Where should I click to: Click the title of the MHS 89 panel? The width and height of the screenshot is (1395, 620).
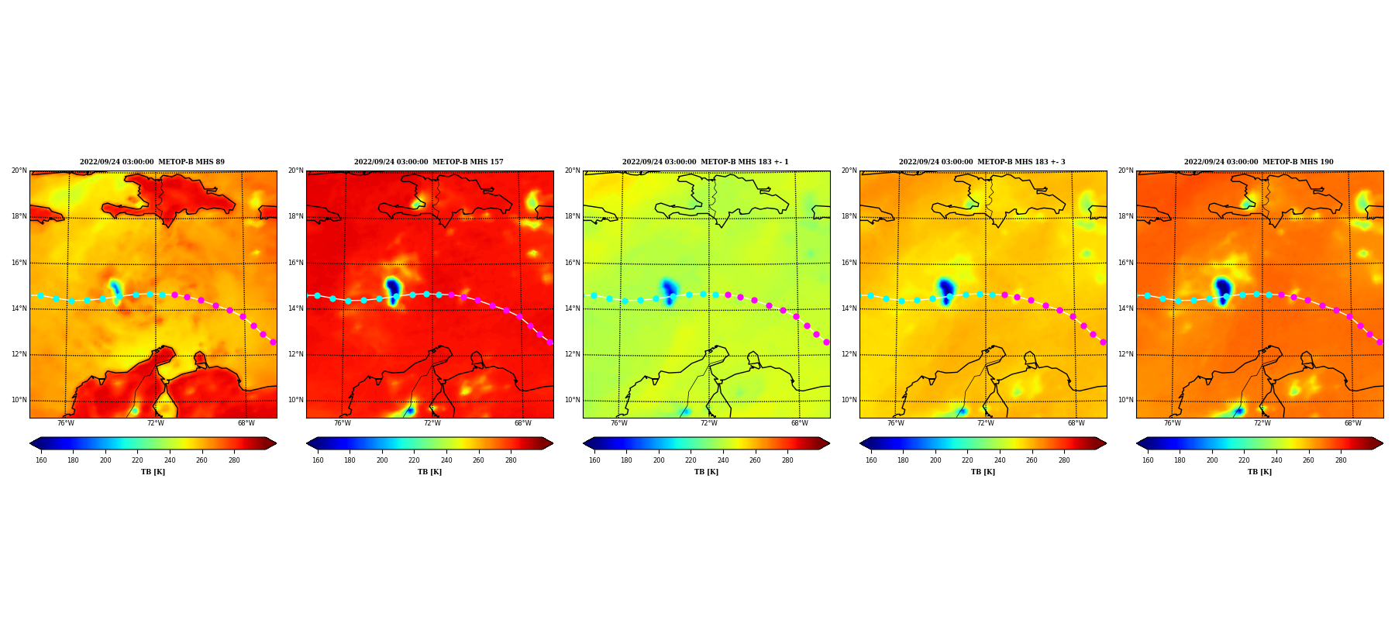click(153, 162)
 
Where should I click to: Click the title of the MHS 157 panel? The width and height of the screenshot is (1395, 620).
click(429, 162)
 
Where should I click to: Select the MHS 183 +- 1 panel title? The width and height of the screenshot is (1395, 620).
click(705, 162)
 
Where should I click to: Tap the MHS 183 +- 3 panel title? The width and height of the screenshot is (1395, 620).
click(982, 162)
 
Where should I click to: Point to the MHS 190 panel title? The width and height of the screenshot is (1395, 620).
click(1259, 162)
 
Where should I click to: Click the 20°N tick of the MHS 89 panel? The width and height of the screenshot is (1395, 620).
click(19, 170)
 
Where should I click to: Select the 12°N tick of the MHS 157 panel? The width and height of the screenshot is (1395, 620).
click(295, 354)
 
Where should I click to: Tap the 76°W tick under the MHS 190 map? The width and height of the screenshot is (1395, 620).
click(1172, 423)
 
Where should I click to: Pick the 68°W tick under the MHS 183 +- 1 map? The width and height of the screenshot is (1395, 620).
click(799, 423)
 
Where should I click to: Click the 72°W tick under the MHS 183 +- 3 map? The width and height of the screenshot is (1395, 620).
click(985, 423)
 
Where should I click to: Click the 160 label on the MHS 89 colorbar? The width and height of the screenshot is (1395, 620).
click(41, 460)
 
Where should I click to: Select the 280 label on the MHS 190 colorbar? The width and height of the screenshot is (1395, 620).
click(1341, 460)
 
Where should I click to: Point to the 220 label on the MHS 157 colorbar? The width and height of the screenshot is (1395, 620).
click(414, 460)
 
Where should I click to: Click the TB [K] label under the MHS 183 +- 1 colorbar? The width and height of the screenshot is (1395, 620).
click(706, 472)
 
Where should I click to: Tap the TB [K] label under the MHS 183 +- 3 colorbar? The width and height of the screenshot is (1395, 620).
click(983, 472)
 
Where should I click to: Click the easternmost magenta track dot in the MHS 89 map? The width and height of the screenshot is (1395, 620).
click(273, 342)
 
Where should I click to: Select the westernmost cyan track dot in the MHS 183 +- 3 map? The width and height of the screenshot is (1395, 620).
click(870, 295)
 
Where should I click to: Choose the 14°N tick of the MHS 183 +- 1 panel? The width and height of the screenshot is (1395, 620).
click(572, 308)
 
